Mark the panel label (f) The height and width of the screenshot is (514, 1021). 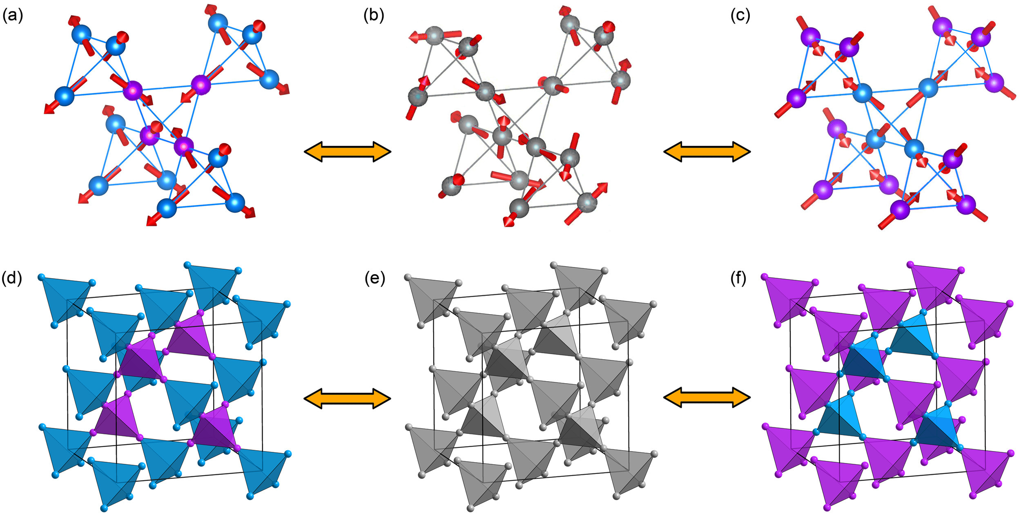point(739,279)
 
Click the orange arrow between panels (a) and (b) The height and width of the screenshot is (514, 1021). point(348,152)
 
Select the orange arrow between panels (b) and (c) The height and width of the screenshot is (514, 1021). point(707,152)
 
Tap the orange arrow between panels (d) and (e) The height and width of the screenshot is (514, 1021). point(348,398)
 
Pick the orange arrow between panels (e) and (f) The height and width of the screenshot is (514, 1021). point(707,398)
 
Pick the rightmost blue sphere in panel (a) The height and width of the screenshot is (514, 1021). point(269,79)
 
